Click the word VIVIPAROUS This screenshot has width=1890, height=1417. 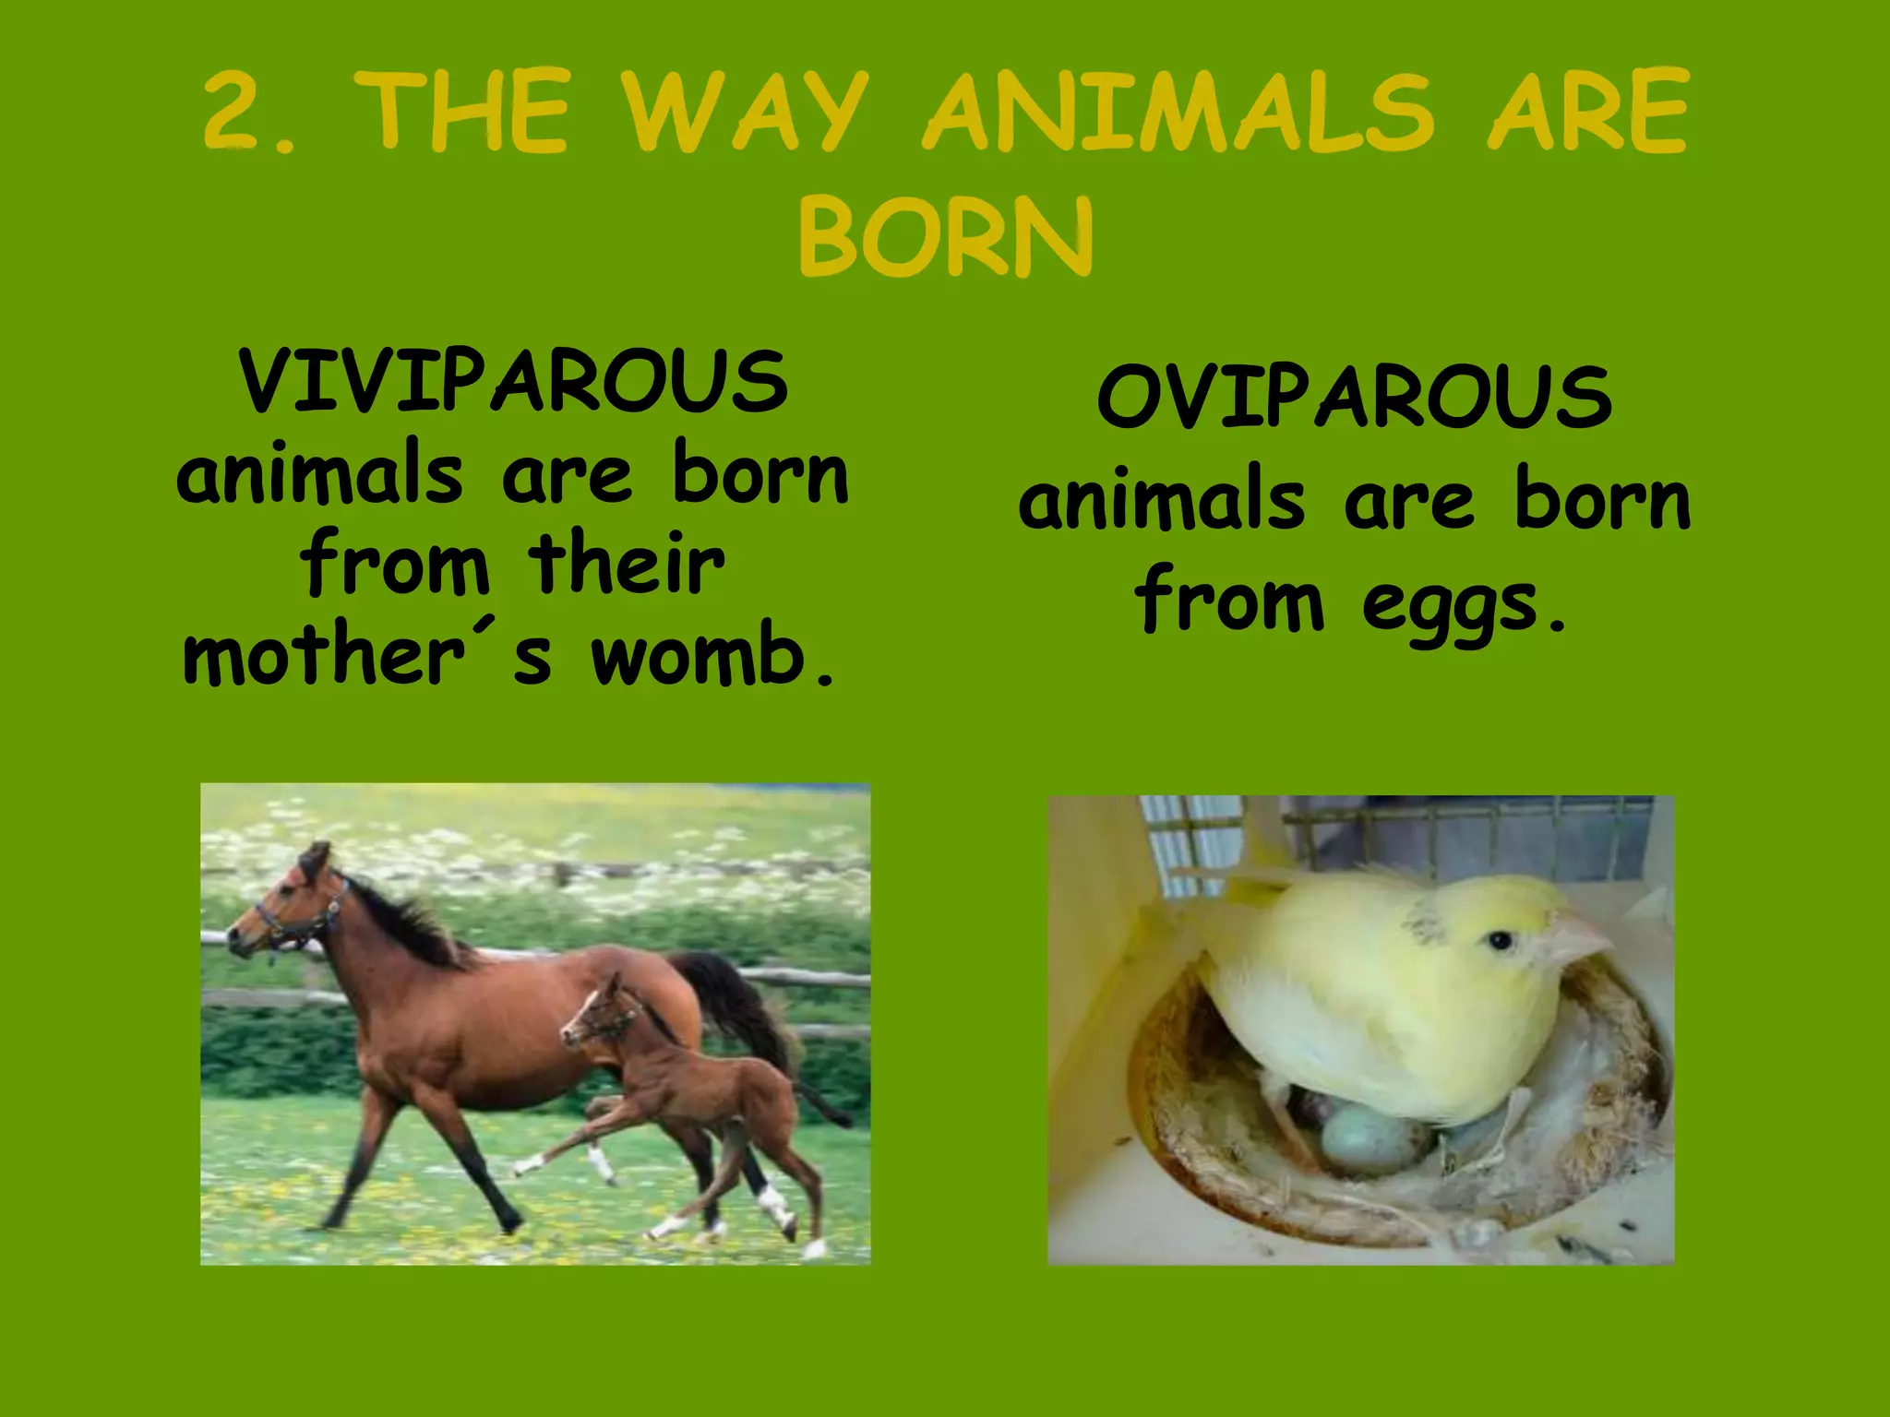tap(513, 382)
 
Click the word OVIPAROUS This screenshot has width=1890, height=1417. tap(1354, 398)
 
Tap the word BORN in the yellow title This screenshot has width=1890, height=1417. tap(945, 236)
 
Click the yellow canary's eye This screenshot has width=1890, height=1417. tap(1500, 941)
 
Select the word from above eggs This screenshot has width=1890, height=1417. tap(1230, 601)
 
